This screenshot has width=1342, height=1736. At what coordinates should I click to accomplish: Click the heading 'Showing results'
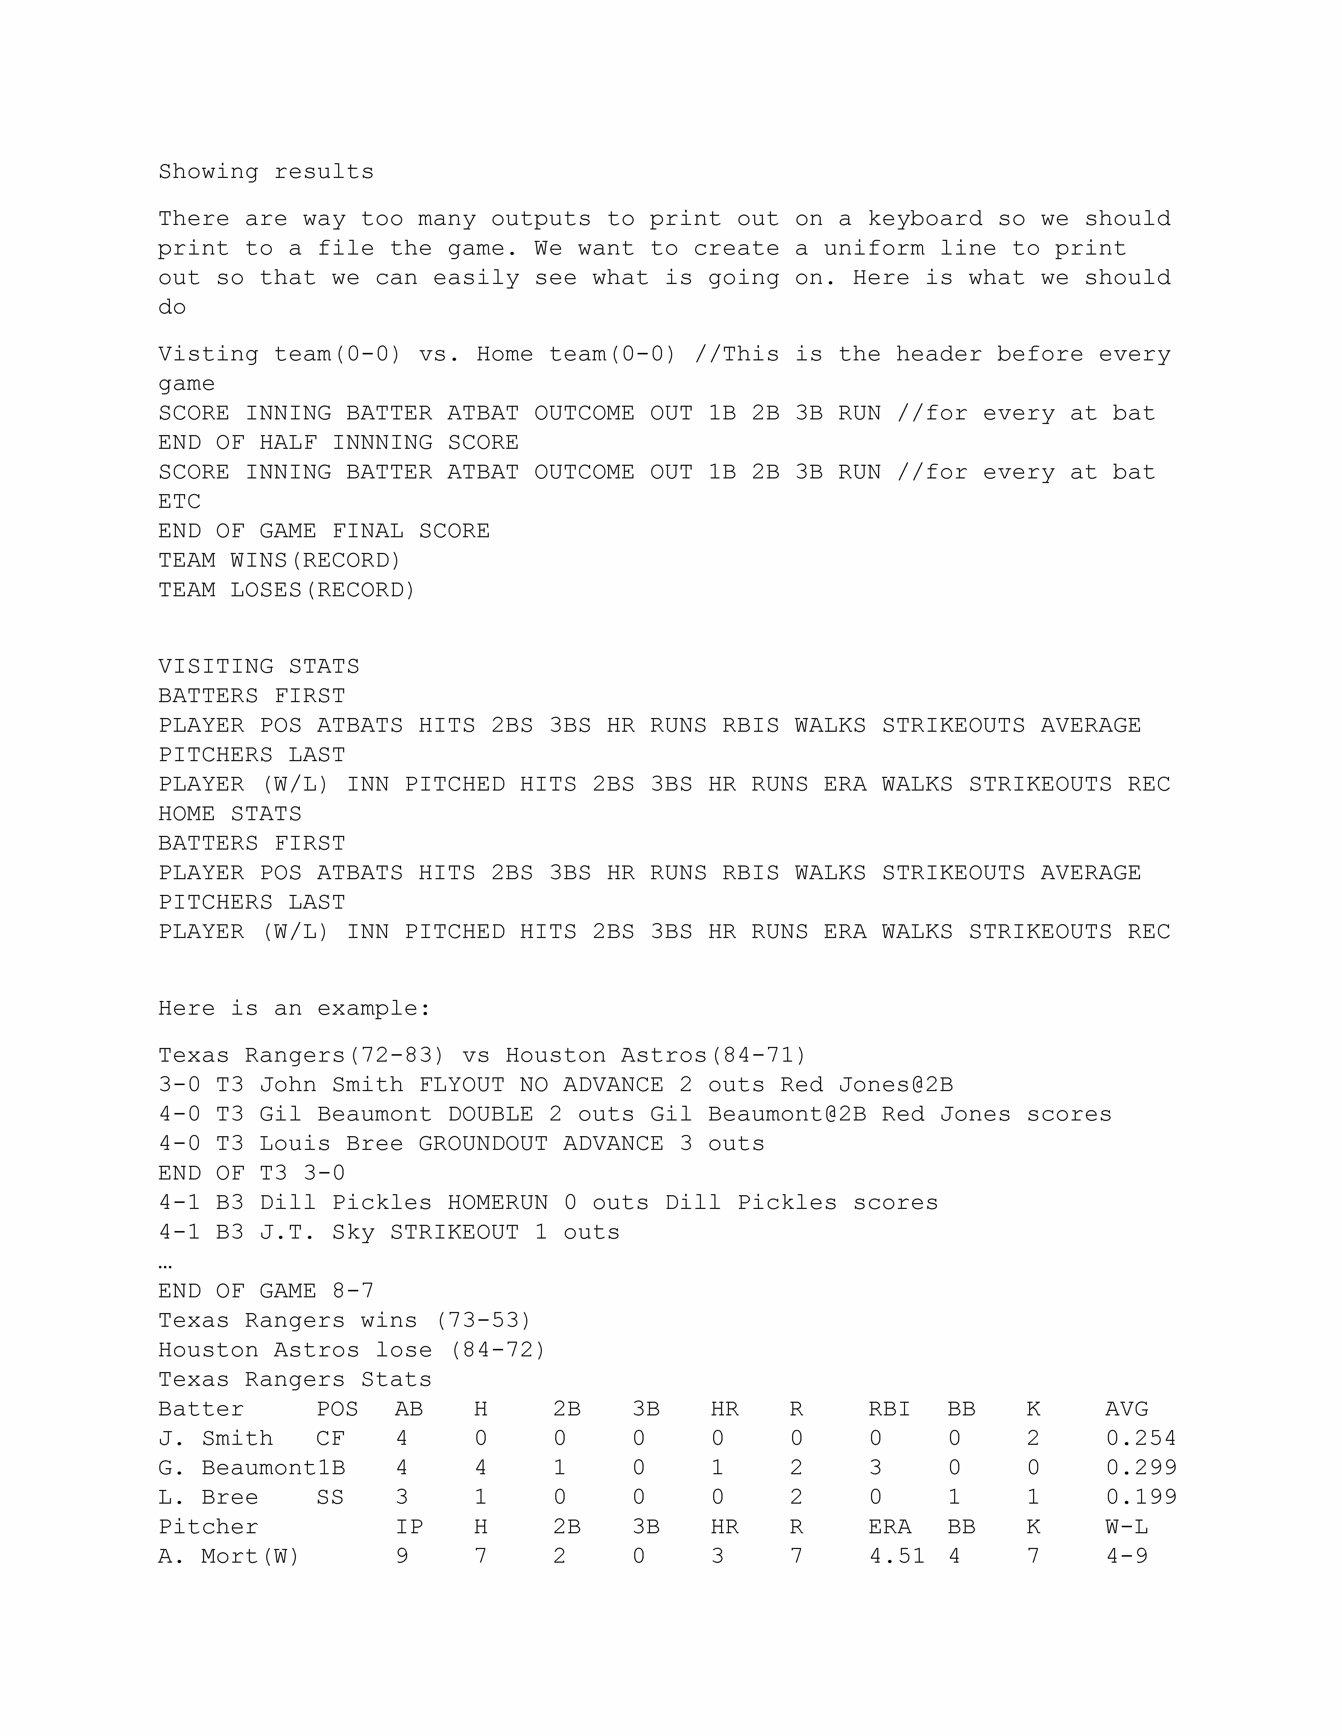click(266, 172)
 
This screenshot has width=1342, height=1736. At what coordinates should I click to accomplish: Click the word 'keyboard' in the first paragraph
click(925, 219)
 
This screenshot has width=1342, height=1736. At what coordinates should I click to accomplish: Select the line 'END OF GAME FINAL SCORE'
click(324, 531)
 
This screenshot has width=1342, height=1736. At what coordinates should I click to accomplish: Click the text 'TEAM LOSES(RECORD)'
click(286, 590)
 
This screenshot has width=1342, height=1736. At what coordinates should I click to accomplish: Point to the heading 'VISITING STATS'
click(258, 666)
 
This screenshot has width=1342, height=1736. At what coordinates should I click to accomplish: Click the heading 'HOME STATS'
click(230, 814)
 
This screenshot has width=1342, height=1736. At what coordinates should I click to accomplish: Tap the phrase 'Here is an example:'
click(294, 1009)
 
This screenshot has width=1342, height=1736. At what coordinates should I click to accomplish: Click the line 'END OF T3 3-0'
click(251, 1173)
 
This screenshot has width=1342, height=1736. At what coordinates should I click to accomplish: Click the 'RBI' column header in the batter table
click(889, 1409)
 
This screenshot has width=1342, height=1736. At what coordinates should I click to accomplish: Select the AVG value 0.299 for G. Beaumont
click(1141, 1468)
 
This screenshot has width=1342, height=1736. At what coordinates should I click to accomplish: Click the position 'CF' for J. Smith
click(330, 1439)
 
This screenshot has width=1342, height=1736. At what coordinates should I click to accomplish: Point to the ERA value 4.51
click(897, 1556)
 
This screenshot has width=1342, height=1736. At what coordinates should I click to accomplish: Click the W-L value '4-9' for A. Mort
click(1127, 1556)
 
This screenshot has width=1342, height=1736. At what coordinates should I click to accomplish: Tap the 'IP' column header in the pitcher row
click(409, 1527)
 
